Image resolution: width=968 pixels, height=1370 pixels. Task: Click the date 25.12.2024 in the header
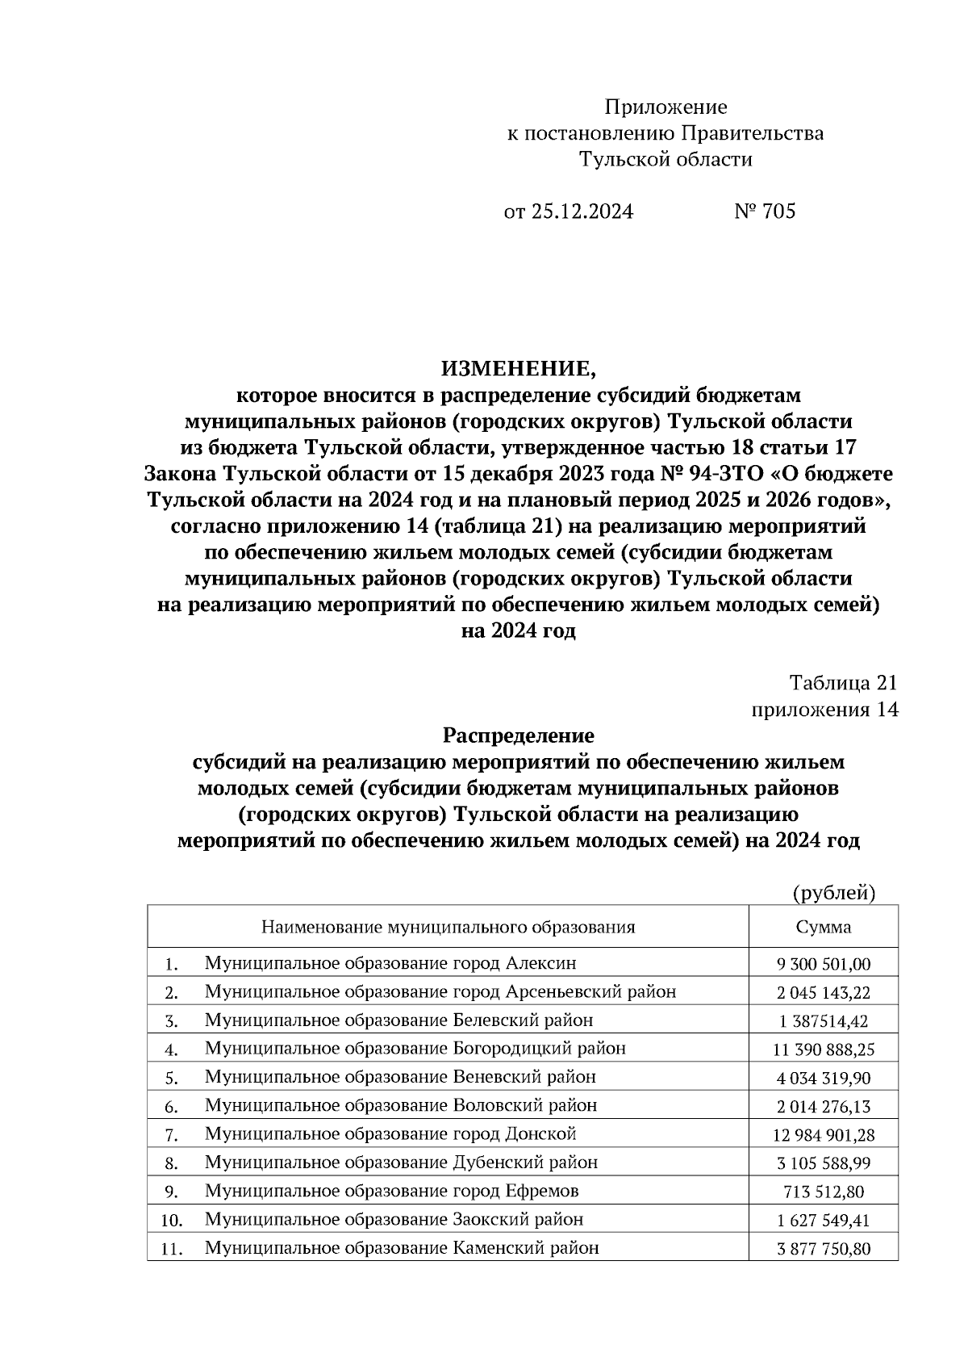pos(581,212)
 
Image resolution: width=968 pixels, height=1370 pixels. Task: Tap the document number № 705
pos(764,212)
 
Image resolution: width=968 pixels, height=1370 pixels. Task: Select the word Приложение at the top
pos(665,107)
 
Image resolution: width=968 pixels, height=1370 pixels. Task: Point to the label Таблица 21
pos(843,683)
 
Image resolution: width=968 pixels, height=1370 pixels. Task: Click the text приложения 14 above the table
pos(824,710)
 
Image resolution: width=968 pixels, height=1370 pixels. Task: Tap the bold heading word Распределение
pos(518,736)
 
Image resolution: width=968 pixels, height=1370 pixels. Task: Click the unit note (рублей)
pos(833,893)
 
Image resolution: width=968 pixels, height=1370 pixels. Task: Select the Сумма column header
pos(823,927)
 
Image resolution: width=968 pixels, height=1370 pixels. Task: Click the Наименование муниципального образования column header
pos(448,927)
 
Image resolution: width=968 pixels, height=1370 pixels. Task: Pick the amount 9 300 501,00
pos(823,964)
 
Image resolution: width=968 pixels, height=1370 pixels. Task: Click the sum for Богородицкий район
pos(823,1049)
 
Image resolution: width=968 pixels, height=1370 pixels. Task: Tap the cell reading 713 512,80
pos(823,1192)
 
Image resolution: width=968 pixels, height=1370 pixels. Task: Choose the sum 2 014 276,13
pos(823,1106)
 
